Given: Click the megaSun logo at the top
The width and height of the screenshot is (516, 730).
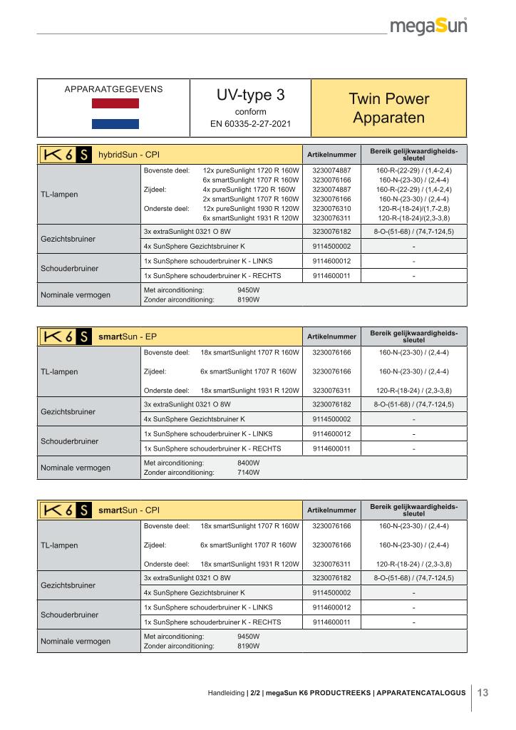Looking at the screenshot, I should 429,28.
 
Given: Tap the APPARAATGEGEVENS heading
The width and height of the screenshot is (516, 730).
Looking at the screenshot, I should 113,89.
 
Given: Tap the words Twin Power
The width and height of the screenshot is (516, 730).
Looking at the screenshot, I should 389,99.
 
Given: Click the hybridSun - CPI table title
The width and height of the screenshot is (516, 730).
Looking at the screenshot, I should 129,155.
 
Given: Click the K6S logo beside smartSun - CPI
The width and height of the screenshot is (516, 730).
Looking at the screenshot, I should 64,510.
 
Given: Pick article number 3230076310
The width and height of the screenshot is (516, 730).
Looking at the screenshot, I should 331,209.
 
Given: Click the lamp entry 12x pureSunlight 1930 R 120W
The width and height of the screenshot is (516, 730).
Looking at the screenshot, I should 250,209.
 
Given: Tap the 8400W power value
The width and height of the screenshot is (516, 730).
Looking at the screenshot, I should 248,463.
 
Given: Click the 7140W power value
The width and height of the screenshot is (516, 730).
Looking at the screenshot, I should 248,472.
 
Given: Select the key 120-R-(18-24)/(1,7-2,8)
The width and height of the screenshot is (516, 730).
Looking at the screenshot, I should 413,209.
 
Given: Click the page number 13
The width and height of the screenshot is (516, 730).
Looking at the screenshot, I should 483,692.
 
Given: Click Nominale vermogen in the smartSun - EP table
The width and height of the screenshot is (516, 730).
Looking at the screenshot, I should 75,468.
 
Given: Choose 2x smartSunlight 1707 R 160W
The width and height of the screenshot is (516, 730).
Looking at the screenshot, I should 250,200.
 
